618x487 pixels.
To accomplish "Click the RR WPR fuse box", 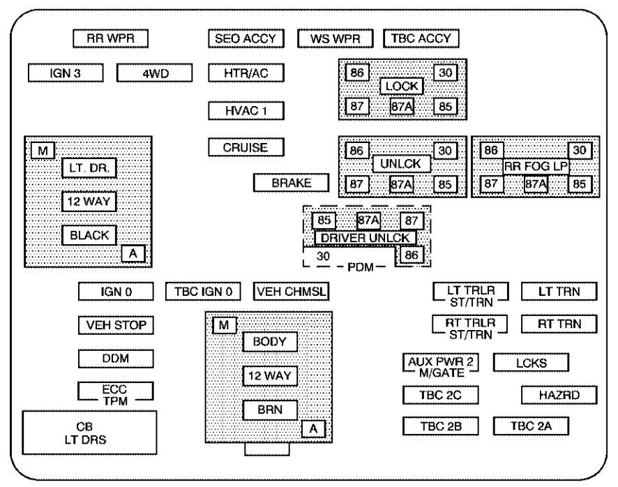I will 111,38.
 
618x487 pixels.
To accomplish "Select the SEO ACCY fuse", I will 246,38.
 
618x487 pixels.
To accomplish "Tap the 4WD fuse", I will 153,73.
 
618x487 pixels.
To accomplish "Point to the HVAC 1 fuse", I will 246,111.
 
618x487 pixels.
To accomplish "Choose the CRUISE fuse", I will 246,148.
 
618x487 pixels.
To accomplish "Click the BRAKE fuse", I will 291,183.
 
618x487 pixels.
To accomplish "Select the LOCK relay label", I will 402,87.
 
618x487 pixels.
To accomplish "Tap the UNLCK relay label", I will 402,164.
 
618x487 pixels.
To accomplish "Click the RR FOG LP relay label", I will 536,166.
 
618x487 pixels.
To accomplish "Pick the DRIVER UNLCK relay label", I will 365,238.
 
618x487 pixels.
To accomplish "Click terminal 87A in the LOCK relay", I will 402,106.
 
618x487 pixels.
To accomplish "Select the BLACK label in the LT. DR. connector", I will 89,235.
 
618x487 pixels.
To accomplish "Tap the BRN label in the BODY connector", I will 270,410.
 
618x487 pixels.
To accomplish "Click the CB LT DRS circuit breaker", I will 89,432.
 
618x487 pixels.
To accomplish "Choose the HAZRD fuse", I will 559,396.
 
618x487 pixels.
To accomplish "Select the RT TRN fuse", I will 559,324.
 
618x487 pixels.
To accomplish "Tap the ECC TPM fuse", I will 115,394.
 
